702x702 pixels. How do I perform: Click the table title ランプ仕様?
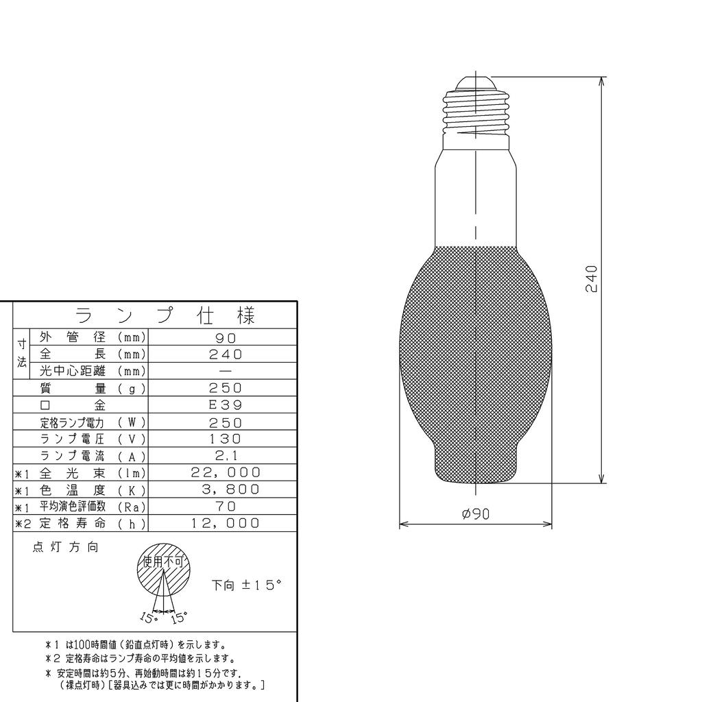(165, 316)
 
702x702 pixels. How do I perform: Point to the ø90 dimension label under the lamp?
(475, 513)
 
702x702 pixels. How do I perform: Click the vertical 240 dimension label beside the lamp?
(592, 278)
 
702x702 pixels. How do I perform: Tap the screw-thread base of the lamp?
(476, 113)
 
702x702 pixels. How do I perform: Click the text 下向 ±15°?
(247, 585)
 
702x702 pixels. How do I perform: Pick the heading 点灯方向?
(65, 548)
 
